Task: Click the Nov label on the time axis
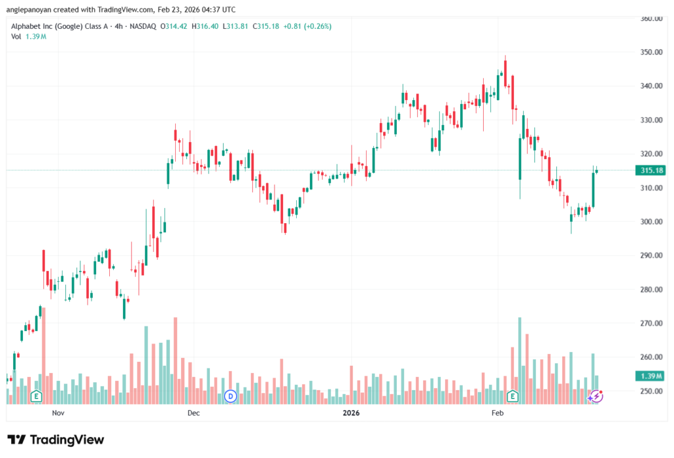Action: point(59,413)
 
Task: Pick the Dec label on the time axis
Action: point(194,413)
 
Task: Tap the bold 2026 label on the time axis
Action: point(351,413)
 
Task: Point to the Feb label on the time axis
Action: point(498,413)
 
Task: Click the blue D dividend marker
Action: point(230,395)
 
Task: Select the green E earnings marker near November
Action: point(37,395)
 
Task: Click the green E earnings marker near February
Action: point(513,395)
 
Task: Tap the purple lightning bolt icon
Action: point(596,395)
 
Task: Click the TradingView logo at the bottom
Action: point(56,440)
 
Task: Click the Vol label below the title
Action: point(16,36)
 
